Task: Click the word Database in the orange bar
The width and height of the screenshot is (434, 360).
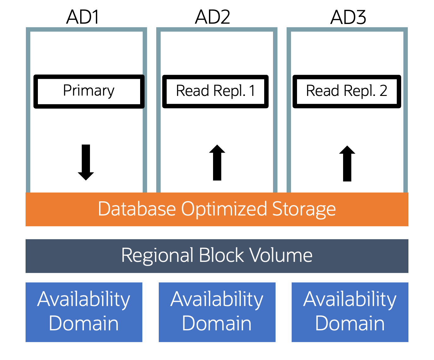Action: pos(137,209)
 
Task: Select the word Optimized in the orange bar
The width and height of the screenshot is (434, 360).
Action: pos(224,210)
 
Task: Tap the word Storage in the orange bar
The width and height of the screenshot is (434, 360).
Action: pos(304,210)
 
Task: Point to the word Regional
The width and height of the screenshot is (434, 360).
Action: pos(157,256)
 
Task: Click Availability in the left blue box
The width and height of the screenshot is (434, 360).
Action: pos(84,300)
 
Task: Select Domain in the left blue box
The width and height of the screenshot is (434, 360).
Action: pos(84,324)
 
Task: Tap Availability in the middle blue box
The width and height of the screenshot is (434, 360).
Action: pos(217,300)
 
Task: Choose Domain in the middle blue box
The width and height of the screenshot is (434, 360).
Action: pos(217,324)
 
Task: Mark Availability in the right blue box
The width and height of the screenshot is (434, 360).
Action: pos(350,300)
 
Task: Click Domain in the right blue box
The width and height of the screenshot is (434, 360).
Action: pos(350,324)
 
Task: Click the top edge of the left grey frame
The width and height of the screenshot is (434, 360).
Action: pos(86,30)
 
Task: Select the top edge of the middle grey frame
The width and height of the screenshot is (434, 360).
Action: pos(217,30)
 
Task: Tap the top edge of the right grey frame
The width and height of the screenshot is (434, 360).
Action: pos(347,30)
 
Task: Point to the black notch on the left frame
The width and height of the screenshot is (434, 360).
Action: pos(143,91)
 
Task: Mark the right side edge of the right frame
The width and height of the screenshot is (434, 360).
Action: pos(406,110)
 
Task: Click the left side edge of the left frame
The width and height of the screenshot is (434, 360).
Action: pos(28,110)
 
